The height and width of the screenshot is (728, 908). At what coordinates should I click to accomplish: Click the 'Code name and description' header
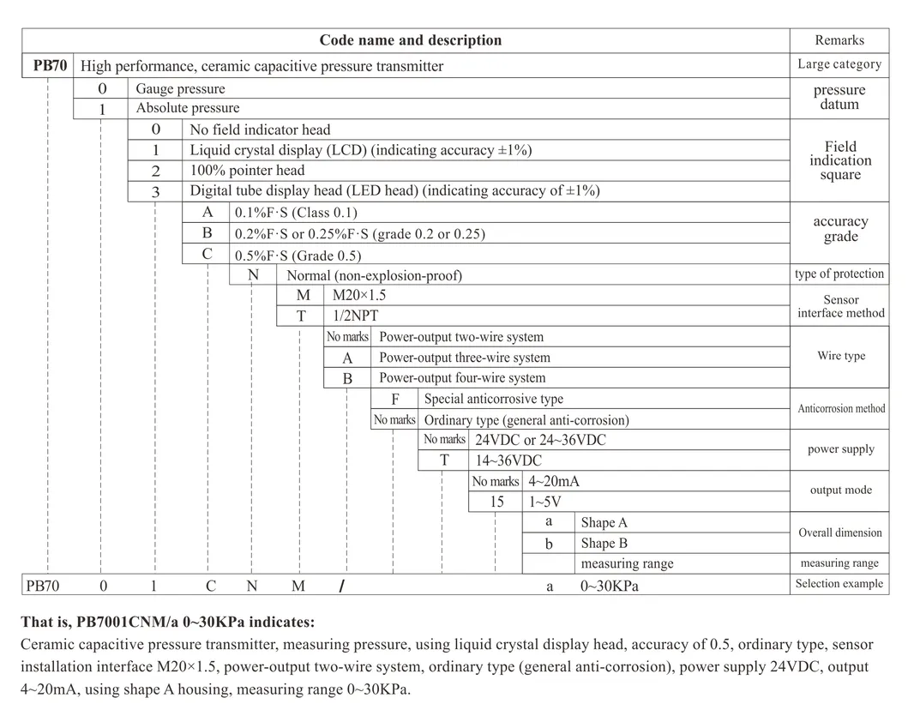410,40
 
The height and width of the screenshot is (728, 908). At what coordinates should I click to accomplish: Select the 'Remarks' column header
839,40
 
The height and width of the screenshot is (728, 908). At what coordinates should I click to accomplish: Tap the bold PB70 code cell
50,65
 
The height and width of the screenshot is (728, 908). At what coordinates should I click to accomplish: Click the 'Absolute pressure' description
188,108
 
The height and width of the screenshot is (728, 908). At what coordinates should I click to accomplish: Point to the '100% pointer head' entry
247,171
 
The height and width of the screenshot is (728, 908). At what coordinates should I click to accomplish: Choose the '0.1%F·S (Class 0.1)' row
296,213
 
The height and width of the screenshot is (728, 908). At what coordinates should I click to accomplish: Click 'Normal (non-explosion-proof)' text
374,275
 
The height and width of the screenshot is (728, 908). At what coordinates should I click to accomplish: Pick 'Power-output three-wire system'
465,358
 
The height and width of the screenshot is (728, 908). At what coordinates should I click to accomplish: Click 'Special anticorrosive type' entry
494,399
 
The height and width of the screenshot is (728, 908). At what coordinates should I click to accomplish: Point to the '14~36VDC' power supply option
508,460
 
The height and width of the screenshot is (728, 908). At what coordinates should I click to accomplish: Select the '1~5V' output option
545,502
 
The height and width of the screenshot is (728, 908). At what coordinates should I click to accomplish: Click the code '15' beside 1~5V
497,502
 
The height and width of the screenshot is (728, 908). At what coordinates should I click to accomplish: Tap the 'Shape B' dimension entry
604,543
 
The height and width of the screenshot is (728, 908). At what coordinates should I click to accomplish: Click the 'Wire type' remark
840,356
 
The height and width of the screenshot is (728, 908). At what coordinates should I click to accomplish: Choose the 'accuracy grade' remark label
840,229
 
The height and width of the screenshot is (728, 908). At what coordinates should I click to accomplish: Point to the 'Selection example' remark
839,584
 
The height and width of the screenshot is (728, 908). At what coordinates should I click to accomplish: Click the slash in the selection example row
341,587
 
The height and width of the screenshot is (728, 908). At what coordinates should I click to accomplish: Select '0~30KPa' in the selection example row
610,587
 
